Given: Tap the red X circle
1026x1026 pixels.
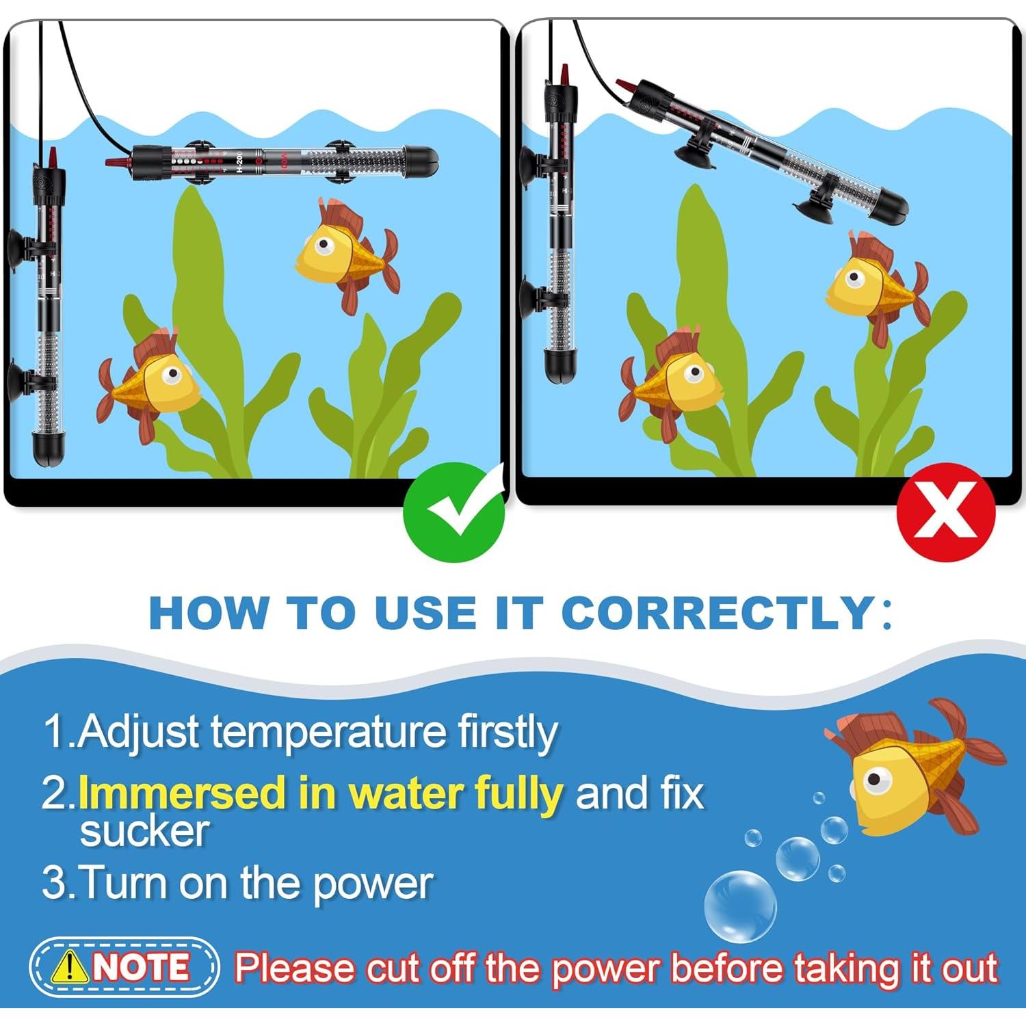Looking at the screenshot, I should pyautogui.click(x=946, y=512).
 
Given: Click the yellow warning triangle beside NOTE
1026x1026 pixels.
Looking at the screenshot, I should pyautogui.click(x=69, y=966).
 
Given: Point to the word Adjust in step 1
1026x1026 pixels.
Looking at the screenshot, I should pyautogui.click(x=140, y=733).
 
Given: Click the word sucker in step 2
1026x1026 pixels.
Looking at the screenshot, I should pyautogui.click(x=144, y=831).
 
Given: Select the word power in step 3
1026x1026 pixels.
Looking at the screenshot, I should pyautogui.click(x=373, y=884).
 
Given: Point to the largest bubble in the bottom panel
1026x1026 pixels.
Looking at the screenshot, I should pyautogui.click(x=740, y=906).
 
